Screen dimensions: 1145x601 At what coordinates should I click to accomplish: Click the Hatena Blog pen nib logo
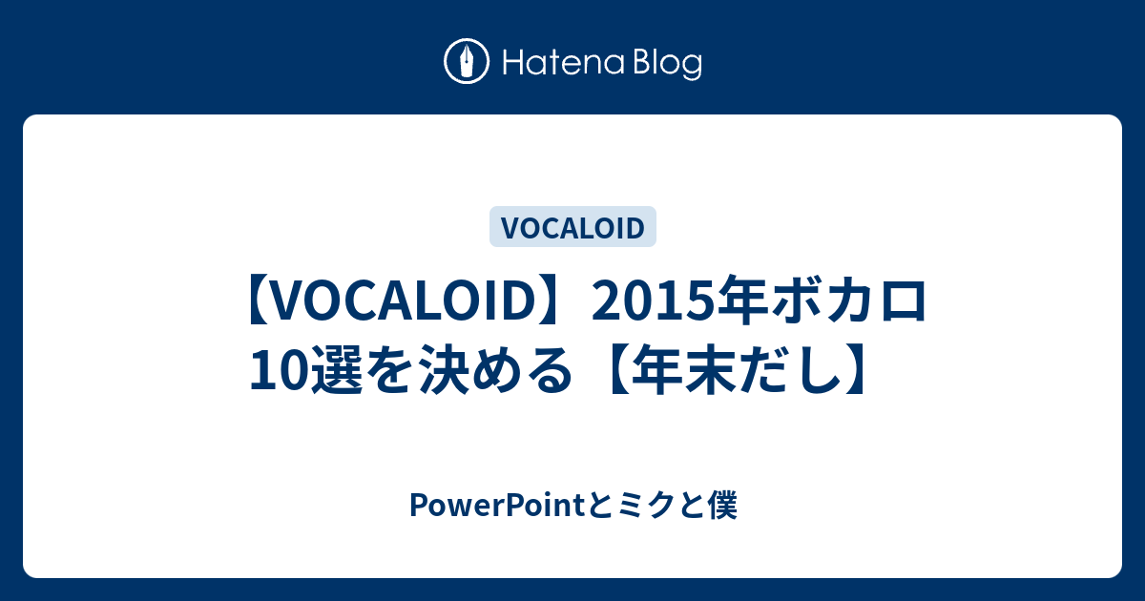tap(467, 61)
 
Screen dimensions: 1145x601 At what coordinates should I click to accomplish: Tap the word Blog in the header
tap(669, 63)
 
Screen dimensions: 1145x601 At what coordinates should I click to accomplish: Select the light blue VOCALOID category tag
tap(572, 227)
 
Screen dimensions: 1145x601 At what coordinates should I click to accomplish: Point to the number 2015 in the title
tap(654, 301)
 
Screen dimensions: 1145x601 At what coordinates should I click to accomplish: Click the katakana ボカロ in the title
tap(847, 300)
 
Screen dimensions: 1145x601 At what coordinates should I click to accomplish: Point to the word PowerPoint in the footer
tap(497, 506)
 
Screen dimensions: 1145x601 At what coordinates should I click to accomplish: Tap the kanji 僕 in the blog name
tap(721, 506)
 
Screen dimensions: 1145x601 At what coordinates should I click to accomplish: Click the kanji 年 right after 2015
tap(742, 300)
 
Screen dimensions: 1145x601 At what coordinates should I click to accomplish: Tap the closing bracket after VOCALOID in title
tap(545, 300)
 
